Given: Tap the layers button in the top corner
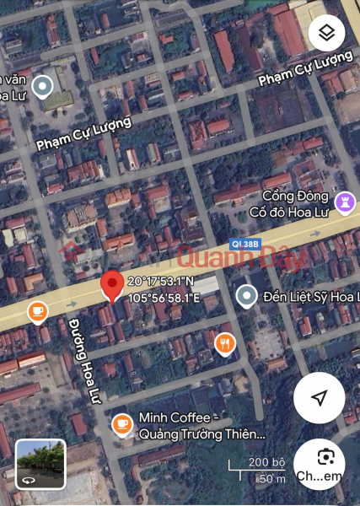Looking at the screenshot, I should click(326, 34).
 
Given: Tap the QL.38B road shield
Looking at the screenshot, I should click(247, 244).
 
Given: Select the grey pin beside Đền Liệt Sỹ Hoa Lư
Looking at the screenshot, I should click(246, 296).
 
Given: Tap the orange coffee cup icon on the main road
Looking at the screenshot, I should click(37, 312).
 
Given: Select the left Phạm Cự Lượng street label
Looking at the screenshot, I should click(83, 133).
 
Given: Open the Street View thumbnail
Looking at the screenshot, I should click(40, 465).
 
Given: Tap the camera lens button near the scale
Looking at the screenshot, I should click(326, 457).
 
